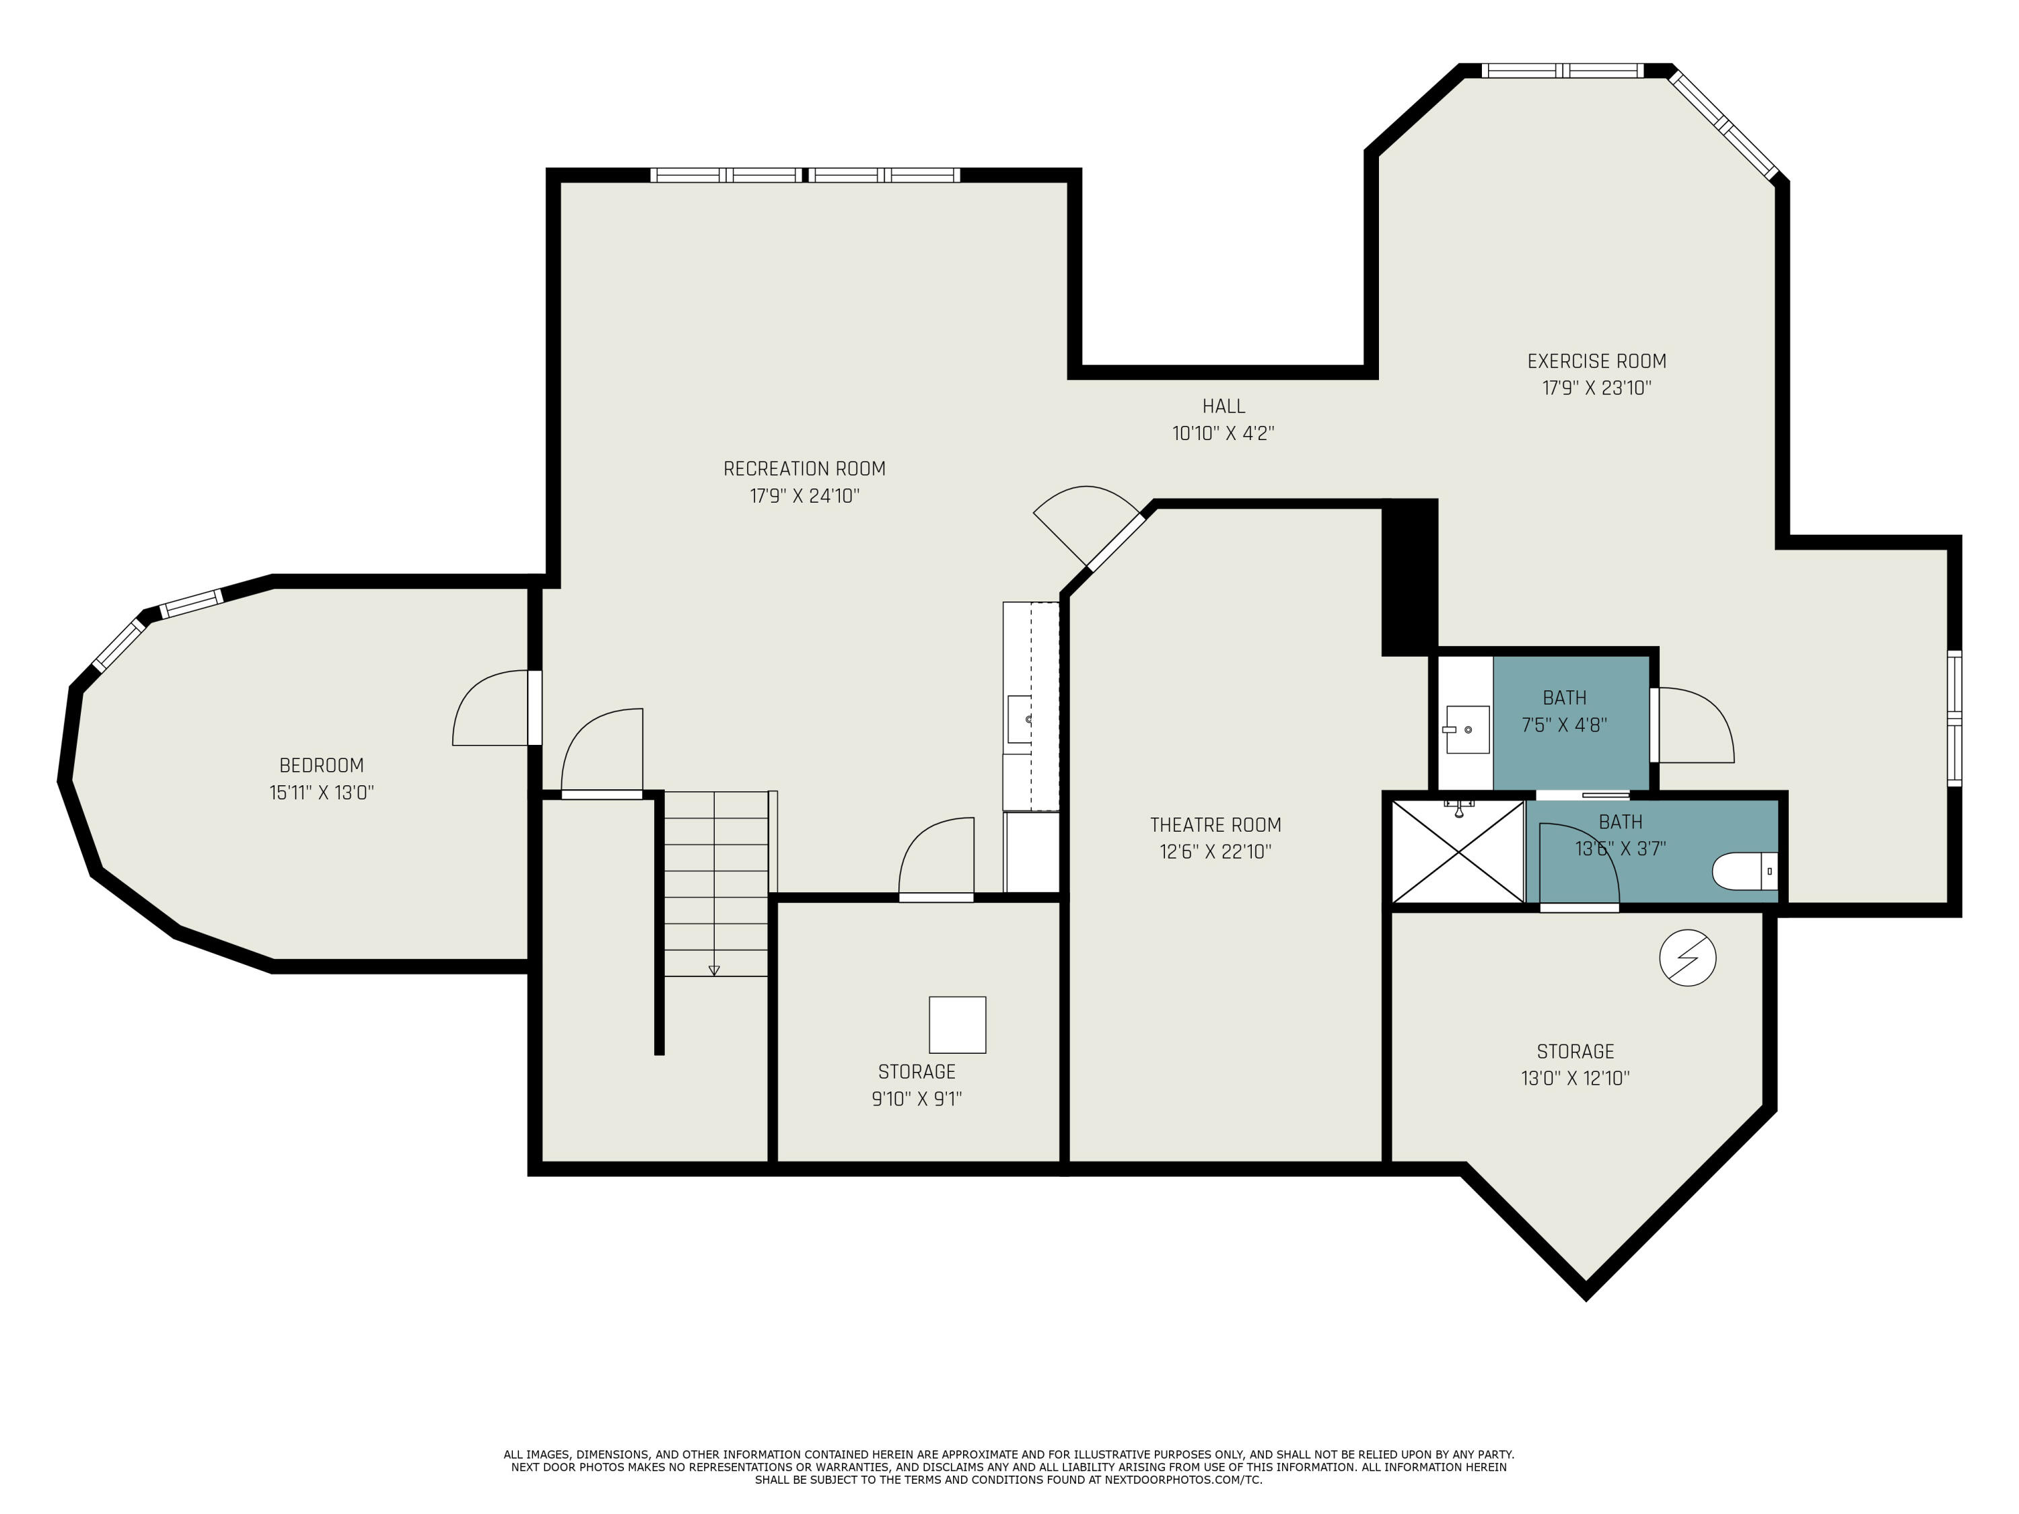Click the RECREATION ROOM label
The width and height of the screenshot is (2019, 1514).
click(804, 469)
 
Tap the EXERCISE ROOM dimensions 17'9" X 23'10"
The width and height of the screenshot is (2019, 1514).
click(1596, 388)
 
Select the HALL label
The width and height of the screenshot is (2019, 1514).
click(1223, 406)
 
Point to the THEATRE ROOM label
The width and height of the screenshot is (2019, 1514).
click(1215, 825)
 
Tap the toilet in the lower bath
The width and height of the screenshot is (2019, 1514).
click(1743, 871)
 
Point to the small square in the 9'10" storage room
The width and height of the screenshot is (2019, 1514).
click(958, 1025)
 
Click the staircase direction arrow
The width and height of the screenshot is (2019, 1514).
click(714, 970)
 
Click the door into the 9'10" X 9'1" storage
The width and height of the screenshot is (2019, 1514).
click(937, 858)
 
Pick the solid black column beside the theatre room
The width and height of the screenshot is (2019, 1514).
click(1409, 577)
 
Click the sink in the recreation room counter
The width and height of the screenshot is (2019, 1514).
click(1020, 719)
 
